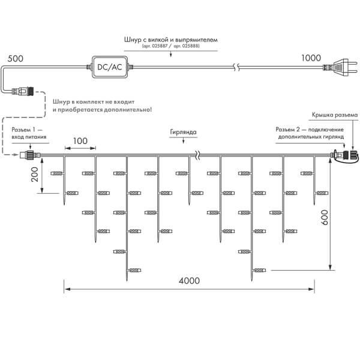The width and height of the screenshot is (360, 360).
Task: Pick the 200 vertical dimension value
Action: (x=34, y=175)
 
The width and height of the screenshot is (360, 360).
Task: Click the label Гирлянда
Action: (x=183, y=133)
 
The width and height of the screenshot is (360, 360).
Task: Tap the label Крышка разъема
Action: (x=334, y=115)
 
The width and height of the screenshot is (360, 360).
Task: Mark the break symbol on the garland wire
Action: (x=197, y=157)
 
